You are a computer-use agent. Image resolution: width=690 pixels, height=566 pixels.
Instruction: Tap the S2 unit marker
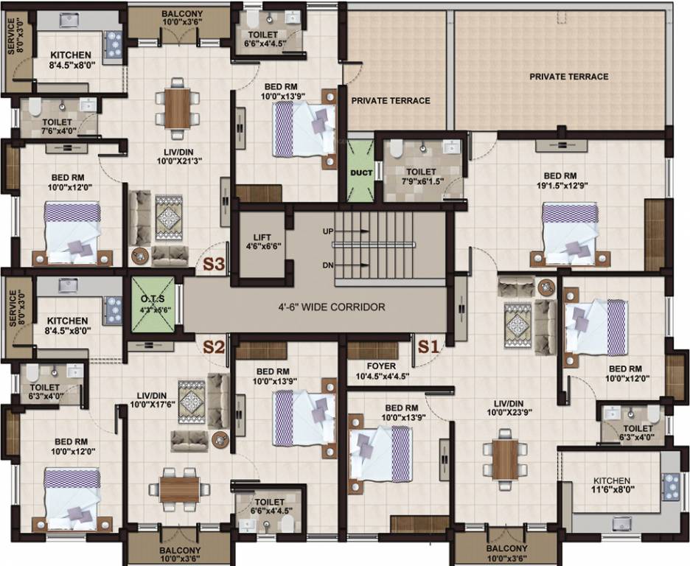pyautogui.click(x=214, y=346)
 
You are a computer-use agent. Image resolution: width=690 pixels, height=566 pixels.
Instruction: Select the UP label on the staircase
pyautogui.click(x=329, y=231)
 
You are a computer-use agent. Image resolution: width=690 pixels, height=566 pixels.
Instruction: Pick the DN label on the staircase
pyautogui.click(x=329, y=265)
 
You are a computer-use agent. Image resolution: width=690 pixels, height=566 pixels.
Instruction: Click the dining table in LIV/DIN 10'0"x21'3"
pyautogui.click(x=178, y=108)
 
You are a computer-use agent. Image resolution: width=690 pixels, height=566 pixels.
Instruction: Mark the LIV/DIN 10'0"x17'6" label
pyautogui.click(x=153, y=400)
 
